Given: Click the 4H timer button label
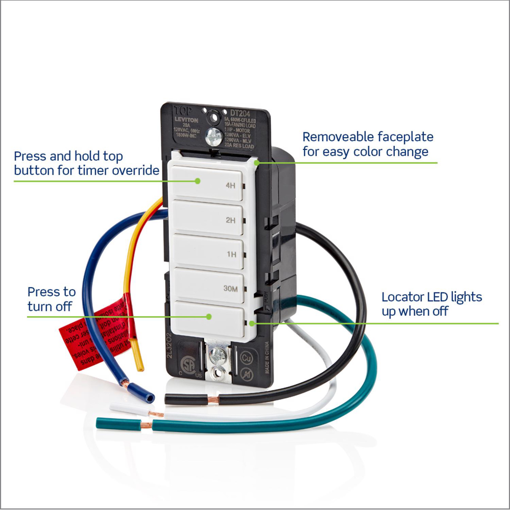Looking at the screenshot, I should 230,185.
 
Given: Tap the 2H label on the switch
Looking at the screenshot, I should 230,220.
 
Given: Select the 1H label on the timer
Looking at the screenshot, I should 231,254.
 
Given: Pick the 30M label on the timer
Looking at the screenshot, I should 230,289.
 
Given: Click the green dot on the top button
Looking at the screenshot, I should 198,181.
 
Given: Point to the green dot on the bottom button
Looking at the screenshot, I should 209,316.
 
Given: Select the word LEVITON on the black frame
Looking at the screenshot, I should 186,120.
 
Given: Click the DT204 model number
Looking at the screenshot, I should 240,113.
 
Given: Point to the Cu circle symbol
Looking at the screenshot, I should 246,358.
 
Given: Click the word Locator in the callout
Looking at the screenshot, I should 402,297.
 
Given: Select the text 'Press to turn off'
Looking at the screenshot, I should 51,299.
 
